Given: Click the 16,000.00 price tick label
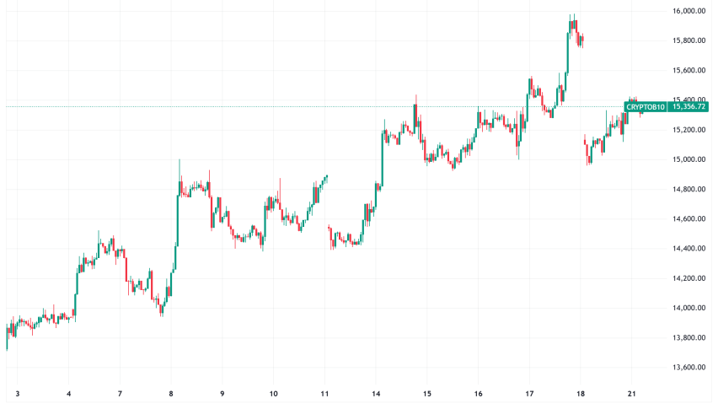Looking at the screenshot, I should tap(689, 11).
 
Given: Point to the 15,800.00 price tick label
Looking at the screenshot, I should tap(689, 40).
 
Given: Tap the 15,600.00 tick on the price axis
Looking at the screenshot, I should tap(689, 70).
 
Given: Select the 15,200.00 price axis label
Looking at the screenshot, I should tap(689, 130).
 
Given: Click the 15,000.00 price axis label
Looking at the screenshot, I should tap(689, 159).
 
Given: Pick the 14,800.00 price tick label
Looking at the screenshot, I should tap(689, 189).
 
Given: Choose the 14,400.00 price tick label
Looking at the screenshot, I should tap(689, 249).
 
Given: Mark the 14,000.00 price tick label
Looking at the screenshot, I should tap(689, 308).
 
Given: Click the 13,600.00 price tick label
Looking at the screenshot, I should tap(689, 368).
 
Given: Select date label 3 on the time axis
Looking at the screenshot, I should tap(18, 394).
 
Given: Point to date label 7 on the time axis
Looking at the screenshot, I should tap(120, 394).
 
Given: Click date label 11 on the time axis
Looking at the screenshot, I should tap(324, 394).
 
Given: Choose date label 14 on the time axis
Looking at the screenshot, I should tap(376, 394).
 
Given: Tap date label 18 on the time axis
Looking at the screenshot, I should tap(580, 394).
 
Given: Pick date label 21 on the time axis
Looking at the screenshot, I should tap(631, 394).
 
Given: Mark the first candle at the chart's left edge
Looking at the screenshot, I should tap(7, 336).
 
